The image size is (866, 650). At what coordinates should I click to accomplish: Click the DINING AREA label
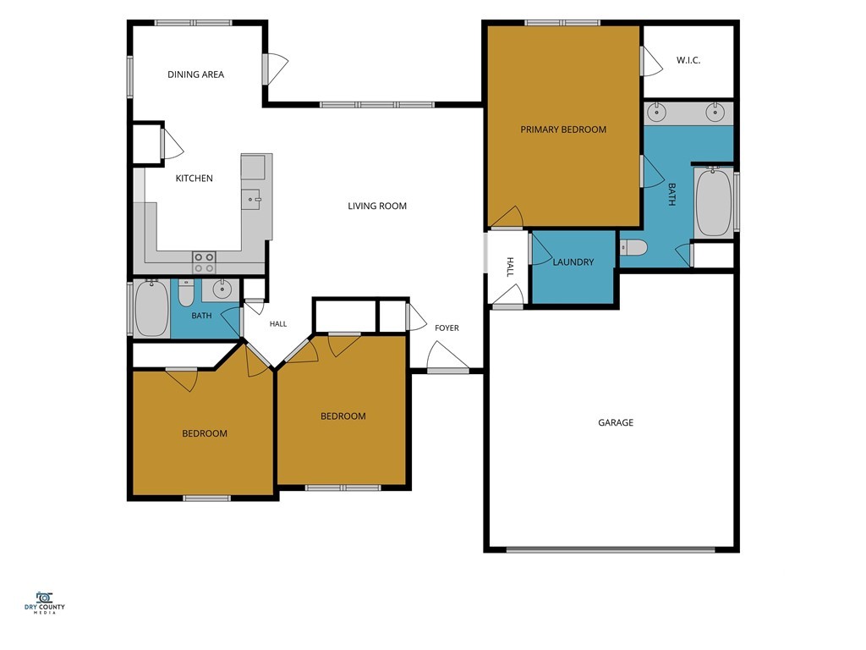(x=195, y=74)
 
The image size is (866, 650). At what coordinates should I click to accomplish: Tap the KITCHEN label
(x=194, y=178)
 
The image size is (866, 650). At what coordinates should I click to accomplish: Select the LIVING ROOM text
(x=377, y=207)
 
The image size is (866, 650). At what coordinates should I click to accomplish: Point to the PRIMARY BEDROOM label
(x=563, y=129)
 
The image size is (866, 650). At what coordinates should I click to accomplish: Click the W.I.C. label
(x=688, y=60)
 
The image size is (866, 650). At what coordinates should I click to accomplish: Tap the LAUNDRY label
(x=573, y=262)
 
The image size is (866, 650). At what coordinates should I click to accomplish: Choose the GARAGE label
(x=616, y=423)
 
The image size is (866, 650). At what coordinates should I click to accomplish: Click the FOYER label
(x=447, y=328)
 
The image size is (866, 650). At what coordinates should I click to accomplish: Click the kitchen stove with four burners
(x=204, y=262)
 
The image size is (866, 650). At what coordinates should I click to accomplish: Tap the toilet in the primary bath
(x=633, y=248)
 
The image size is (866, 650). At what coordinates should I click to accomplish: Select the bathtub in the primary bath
(x=714, y=203)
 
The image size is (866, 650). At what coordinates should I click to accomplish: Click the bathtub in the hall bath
(x=151, y=308)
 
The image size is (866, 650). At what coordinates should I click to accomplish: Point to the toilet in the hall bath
(x=186, y=293)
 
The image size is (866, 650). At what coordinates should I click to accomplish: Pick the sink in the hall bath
(x=222, y=289)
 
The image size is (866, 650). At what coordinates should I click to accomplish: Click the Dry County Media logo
(x=44, y=603)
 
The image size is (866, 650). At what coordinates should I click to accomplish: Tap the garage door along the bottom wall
(x=611, y=550)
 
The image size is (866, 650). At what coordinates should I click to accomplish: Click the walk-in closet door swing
(x=652, y=61)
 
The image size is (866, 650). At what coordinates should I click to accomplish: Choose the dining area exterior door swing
(x=276, y=69)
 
